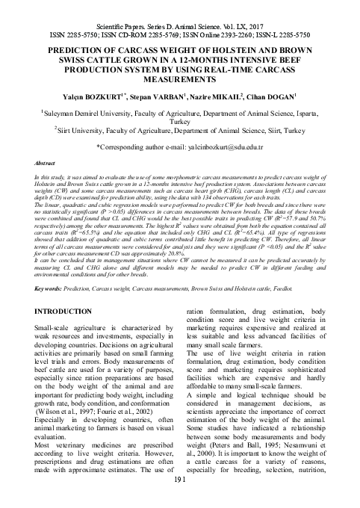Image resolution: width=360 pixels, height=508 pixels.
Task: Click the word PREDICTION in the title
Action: click(55, 44)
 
